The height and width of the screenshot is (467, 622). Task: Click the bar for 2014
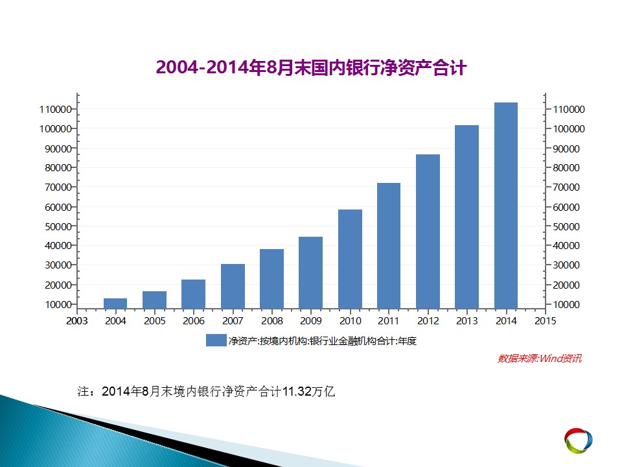[x=506, y=206]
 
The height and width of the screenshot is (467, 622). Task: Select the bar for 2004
[x=115, y=304]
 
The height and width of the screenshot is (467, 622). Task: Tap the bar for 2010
[x=351, y=259]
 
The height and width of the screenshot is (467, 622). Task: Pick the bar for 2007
[x=233, y=286]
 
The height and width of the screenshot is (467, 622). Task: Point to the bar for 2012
[x=428, y=232]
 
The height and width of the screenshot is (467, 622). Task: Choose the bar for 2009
[x=310, y=273]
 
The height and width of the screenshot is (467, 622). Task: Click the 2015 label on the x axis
[x=546, y=321]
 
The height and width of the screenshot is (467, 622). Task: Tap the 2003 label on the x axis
[x=76, y=321]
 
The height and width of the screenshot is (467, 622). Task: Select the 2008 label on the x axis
[x=271, y=321]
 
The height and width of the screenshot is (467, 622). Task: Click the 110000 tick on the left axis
[x=55, y=109]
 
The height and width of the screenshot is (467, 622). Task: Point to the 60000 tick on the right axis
[x=566, y=207]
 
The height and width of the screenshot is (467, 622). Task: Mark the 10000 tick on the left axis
[x=58, y=305]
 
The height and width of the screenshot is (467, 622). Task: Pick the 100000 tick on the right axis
[x=569, y=128]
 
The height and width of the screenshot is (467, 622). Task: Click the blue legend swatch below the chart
[x=216, y=341]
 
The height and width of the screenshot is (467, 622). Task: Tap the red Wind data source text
[x=540, y=359]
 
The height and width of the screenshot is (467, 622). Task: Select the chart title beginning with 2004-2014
[x=312, y=67]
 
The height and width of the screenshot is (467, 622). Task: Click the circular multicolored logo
[x=579, y=440]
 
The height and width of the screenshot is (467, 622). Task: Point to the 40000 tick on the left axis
[x=58, y=245]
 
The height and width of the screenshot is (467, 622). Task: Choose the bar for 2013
[x=467, y=217]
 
